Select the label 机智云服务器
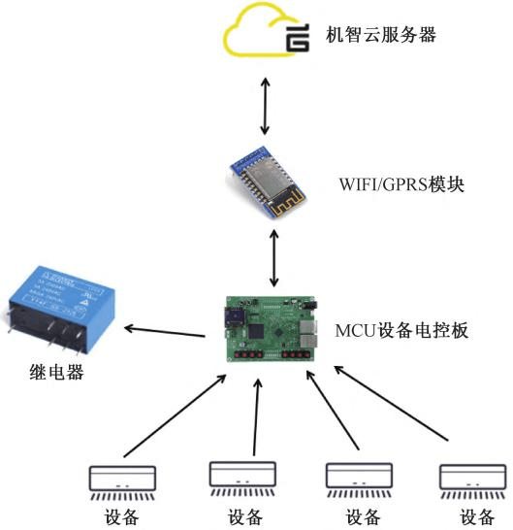point(379,37)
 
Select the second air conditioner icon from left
point(239,476)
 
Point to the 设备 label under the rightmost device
point(476,515)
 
